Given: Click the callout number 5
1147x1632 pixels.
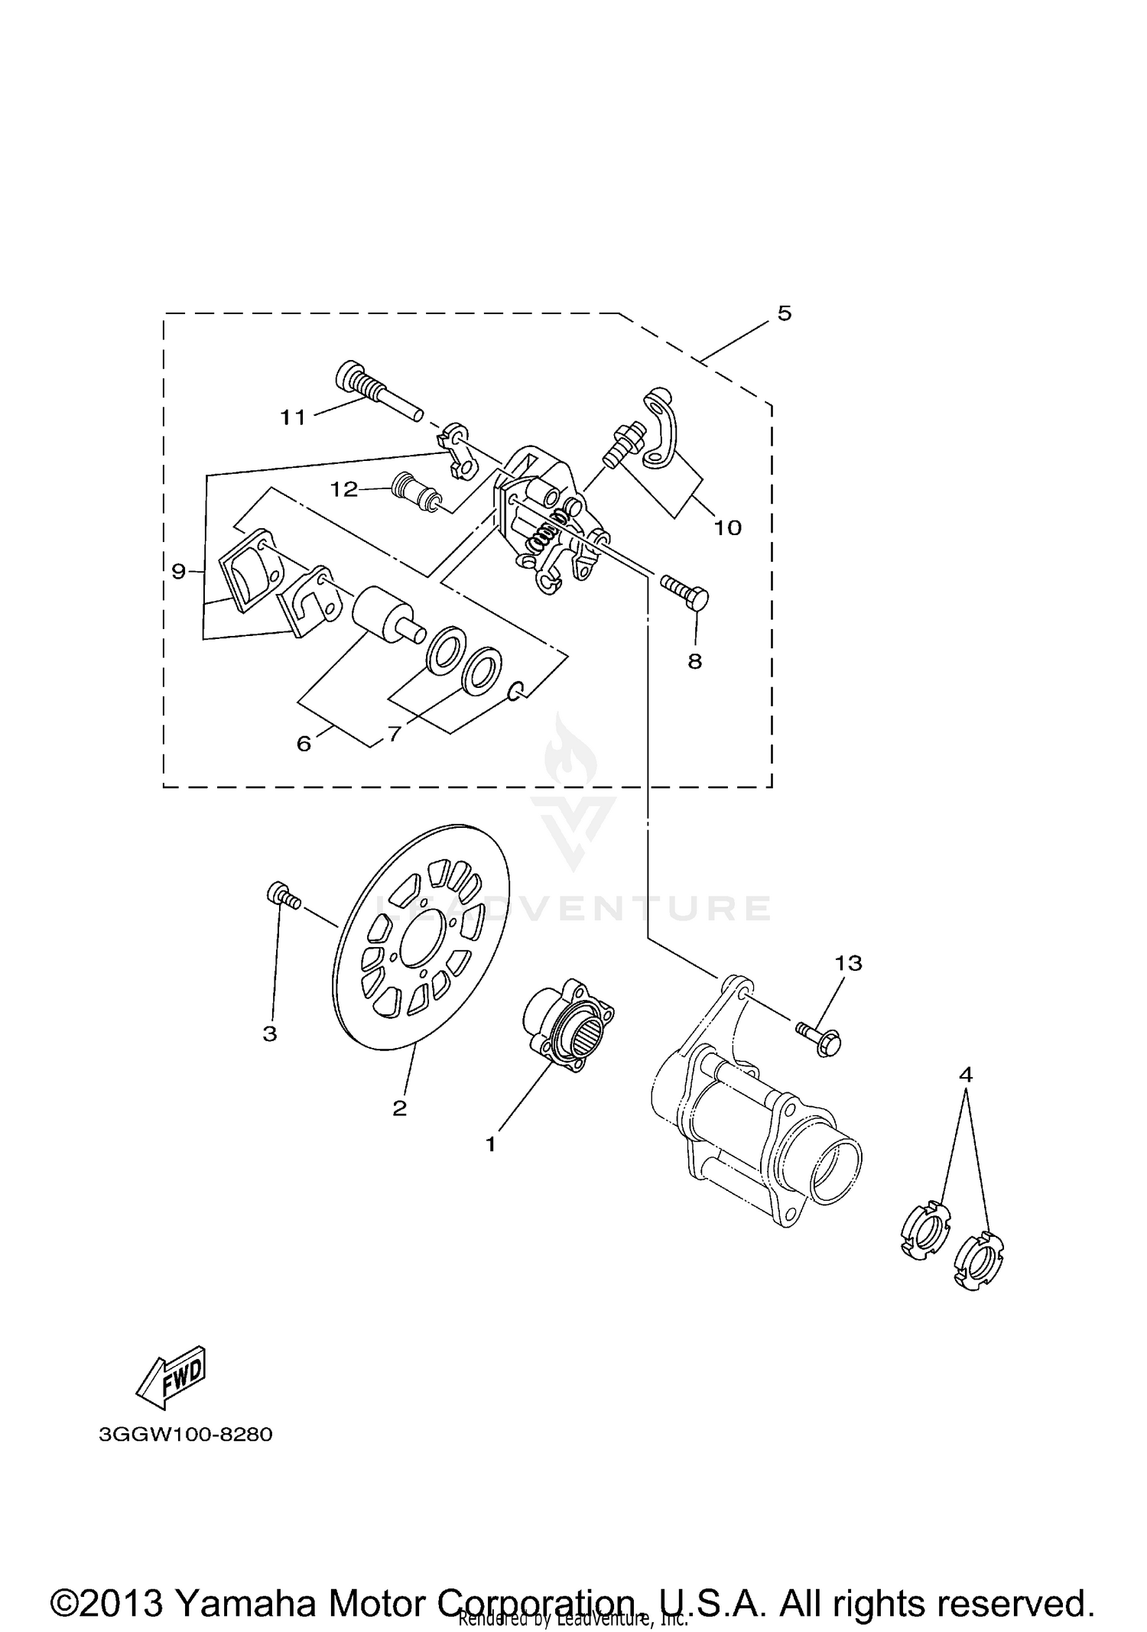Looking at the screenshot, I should pos(785,313).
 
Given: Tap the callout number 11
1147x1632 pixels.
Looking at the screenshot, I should pos(292,417).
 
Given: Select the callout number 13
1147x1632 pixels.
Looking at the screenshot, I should pos(849,963).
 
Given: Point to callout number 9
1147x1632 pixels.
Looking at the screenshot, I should pos(179,571).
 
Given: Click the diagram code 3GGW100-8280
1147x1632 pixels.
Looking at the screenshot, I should pos(186,1434).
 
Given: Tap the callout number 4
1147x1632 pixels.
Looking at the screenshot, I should pos(966,1075).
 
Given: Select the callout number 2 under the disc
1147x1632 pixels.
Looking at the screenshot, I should pos(400,1108).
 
